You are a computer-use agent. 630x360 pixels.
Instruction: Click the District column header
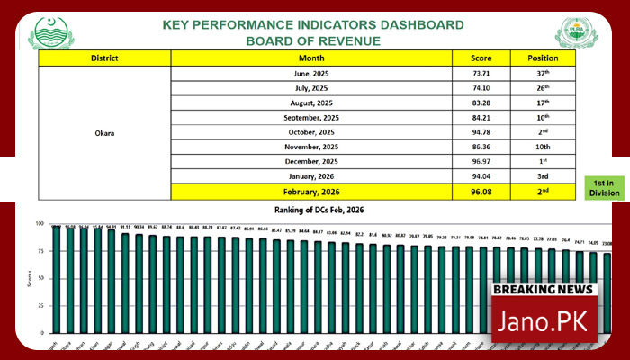(104, 58)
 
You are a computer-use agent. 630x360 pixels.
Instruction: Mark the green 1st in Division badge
(604, 187)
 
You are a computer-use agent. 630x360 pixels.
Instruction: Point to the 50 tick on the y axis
(38, 285)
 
